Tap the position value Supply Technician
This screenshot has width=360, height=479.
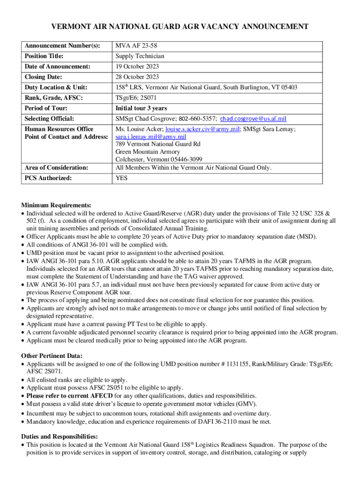click(140, 56)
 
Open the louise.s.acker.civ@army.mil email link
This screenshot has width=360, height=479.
click(199, 129)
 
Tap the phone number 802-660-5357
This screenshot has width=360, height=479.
click(192, 119)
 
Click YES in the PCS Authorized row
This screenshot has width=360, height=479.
click(122, 178)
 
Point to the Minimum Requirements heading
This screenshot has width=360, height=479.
click(56, 205)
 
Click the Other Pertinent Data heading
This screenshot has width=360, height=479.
click(52, 356)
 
